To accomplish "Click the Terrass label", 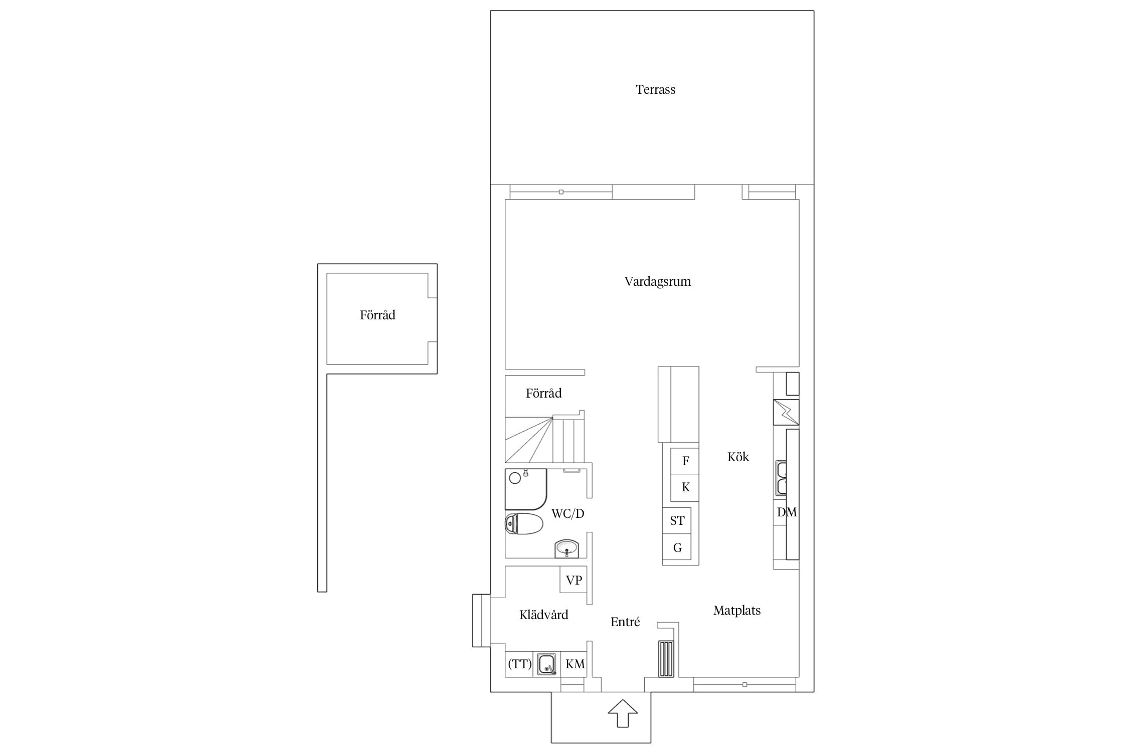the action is click(655, 90).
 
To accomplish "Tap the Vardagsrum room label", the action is click(657, 282).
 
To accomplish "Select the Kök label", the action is click(738, 457).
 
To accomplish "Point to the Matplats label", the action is click(737, 611).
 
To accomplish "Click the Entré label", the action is click(625, 622).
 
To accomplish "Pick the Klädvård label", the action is click(543, 615).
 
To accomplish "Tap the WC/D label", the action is click(568, 513).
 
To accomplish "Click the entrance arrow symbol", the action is click(623, 713).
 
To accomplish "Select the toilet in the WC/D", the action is click(524, 524).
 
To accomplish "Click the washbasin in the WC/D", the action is click(567, 548).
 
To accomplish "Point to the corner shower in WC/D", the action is click(525, 489).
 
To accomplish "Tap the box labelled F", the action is click(685, 461).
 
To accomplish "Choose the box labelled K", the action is click(685, 488).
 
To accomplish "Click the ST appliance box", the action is click(677, 520).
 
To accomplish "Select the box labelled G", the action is click(677, 547).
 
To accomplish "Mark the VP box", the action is click(574, 580).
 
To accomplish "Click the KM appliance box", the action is click(574, 664).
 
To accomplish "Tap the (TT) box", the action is click(519, 664).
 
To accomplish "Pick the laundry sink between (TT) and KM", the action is click(546, 664).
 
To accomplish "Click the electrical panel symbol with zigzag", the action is click(786, 412).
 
